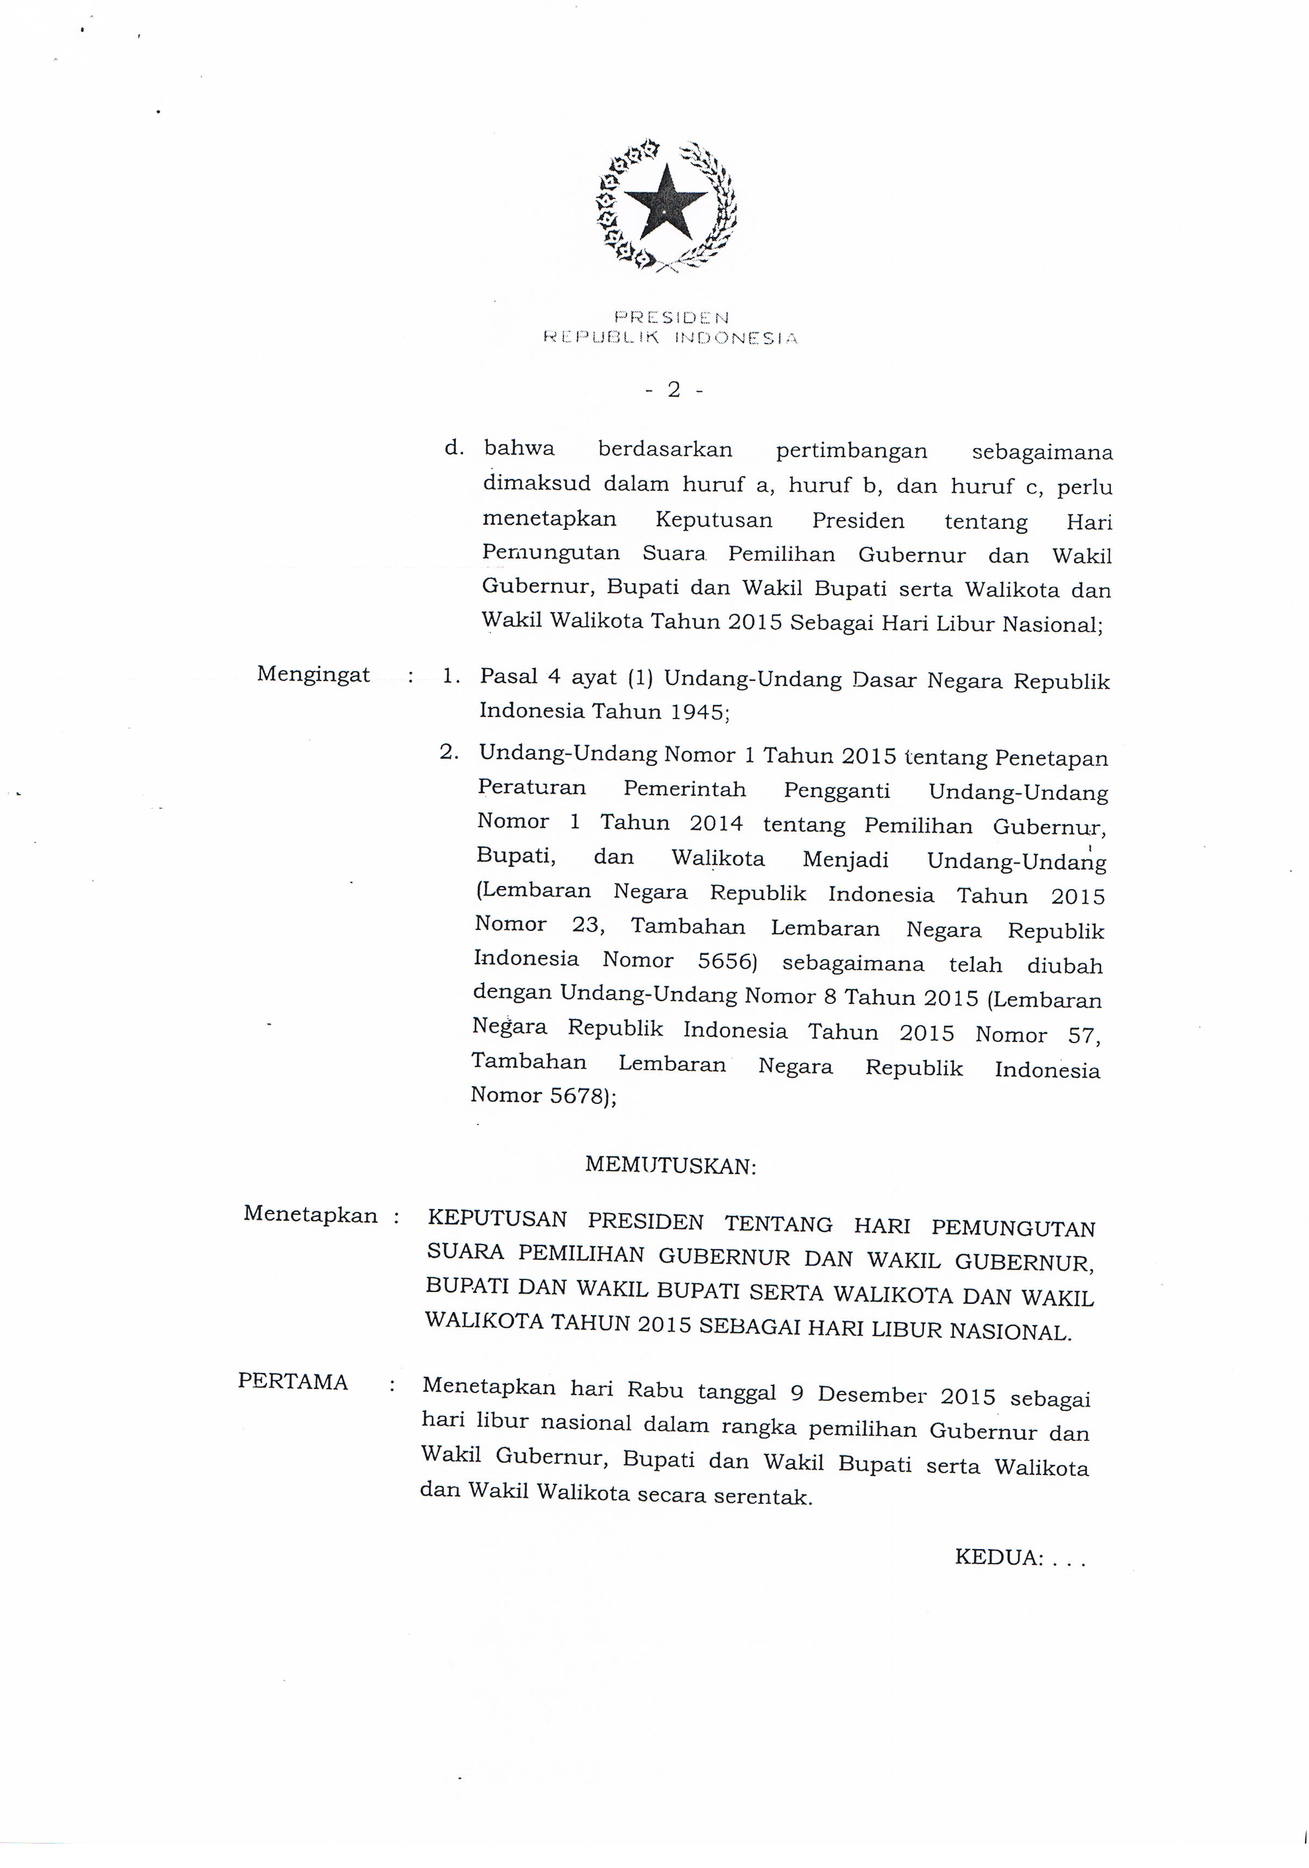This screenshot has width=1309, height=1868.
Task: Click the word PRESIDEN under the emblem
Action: click(671, 317)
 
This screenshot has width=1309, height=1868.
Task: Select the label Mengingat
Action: click(313, 674)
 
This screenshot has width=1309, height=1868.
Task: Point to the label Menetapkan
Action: click(310, 1215)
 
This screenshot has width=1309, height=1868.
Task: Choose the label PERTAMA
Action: click(293, 1382)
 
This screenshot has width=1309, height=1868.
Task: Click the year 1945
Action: click(700, 712)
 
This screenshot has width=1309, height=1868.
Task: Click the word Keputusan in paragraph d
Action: click(713, 519)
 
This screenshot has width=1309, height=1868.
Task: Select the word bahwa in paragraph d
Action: click(519, 448)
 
